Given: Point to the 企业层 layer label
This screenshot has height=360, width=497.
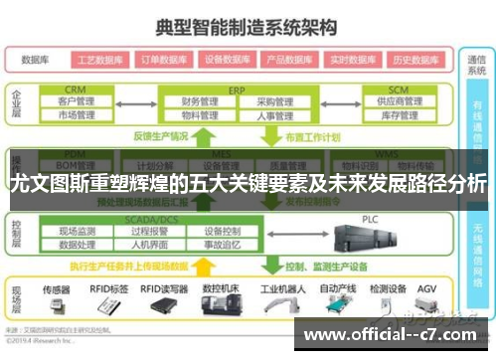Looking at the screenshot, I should point(16,104).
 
